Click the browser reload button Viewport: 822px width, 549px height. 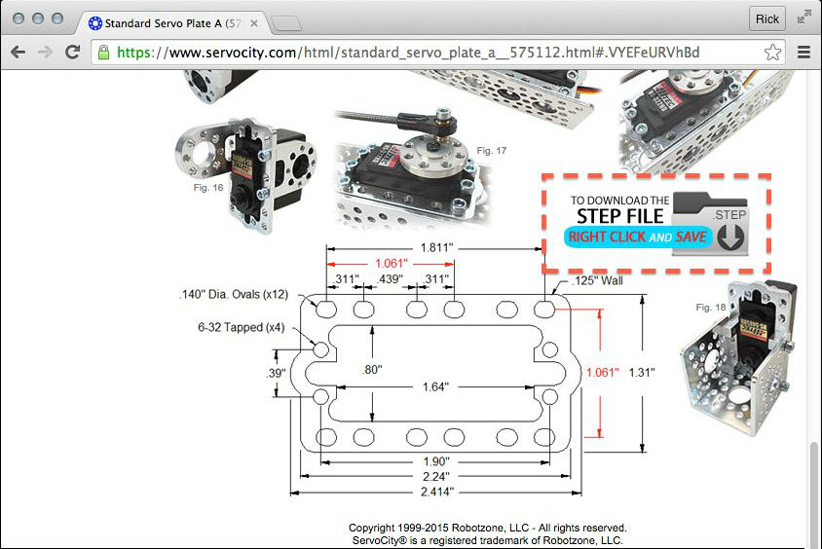coord(72,52)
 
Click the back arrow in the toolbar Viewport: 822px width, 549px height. coord(18,52)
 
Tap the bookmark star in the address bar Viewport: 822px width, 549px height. coord(772,52)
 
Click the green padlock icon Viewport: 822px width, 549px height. coord(104,52)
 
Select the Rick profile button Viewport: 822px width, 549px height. coord(766,18)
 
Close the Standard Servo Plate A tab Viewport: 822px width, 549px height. coord(254,23)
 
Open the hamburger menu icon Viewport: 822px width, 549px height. coord(803,52)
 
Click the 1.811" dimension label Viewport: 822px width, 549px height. coord(436,247)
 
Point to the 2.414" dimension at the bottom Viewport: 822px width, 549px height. coord(436,492)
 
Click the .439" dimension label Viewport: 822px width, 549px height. coord(389,278)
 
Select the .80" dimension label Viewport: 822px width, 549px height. coord(372,369)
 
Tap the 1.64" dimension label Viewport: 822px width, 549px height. coord(436,387)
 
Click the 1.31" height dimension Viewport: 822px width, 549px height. coord(642,373)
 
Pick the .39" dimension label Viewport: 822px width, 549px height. coord(276,373)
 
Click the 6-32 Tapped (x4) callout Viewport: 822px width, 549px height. coord(242,327)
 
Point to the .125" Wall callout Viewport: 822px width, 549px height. coord(598,280)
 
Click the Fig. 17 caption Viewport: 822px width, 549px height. coord(491,151)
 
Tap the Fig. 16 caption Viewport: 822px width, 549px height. coord(208,188)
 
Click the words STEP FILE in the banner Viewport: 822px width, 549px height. coord(620,216)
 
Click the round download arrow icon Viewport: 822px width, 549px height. coord(730,237)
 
